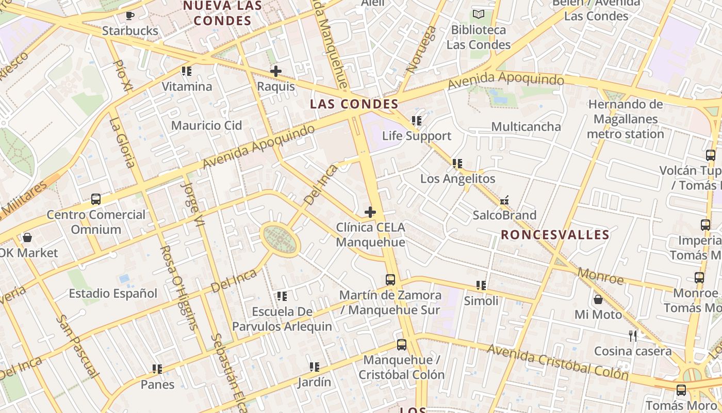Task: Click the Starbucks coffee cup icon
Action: tap(130, 15)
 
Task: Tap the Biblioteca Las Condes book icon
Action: tap(479, 14)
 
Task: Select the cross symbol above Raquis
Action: tap(276, 71)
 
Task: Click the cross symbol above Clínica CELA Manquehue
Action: tap(370, 212)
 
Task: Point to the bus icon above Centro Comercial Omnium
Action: tap(95, 199)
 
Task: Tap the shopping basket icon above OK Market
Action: tap(27, 237)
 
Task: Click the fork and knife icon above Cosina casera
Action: tap(633, 336)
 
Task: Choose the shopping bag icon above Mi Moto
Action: tap(598, 299)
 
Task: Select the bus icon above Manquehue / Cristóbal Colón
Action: tap(401, 344)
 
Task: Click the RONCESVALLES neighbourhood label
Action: tap(555, 235)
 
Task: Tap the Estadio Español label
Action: tap(113, 294)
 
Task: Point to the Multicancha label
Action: tap(526, 126)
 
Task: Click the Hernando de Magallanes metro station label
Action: tap(625, 119)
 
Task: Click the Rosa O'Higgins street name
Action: tap(178, 287)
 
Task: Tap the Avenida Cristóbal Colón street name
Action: tap(557, 362)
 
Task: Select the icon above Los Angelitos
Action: tap(457, 164)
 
